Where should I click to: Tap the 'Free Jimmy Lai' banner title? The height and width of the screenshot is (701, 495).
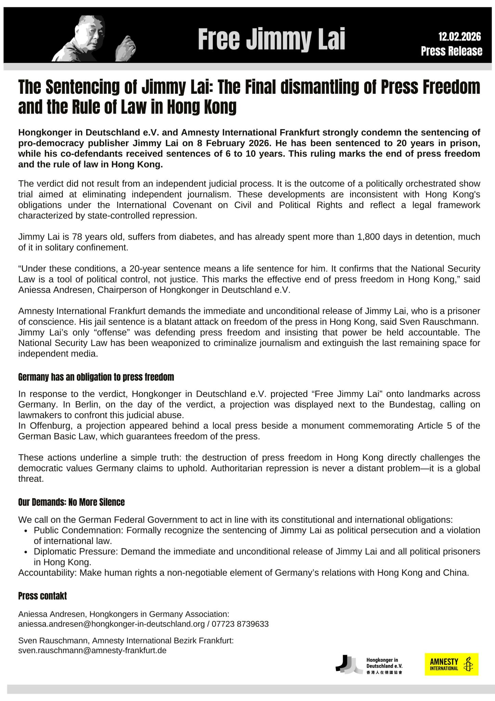[x=271, y=39]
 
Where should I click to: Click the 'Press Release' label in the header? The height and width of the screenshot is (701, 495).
[x=452, y=51]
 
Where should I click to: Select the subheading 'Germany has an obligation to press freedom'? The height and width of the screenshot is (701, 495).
[x=96, y=378]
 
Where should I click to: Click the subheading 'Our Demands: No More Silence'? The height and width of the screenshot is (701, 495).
[x=71, y=502]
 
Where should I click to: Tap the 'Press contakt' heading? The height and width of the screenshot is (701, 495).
[x=42, y=596]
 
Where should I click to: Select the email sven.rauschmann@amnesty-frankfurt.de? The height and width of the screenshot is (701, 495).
[x=92, y=650]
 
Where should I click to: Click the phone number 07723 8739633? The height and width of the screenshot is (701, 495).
[x=240, y=624]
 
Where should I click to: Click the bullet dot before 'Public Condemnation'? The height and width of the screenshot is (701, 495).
[x=26, y=531]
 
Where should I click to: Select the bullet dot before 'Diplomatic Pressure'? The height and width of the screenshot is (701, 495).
[x=26, y=552]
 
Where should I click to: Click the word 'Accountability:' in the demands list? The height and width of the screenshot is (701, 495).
[x=48, y=573]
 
